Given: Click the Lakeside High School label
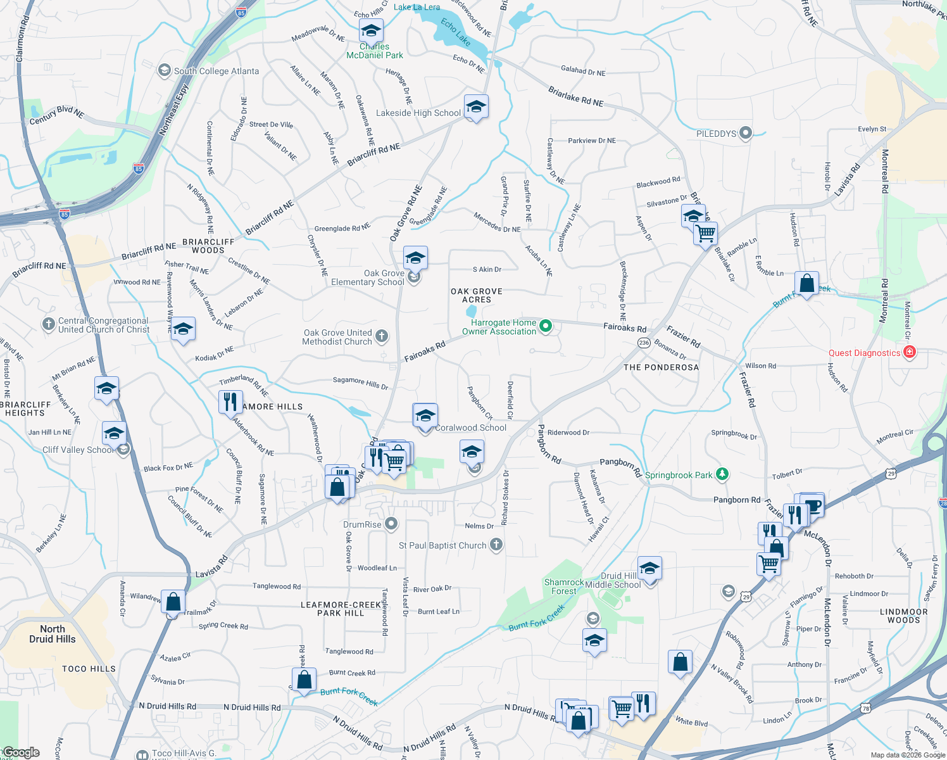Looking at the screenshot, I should pos(418,113).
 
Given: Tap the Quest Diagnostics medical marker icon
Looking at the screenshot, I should pos(910,352).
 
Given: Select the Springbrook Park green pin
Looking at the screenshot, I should pos(722,474).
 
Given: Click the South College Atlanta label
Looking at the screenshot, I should pos(216,71).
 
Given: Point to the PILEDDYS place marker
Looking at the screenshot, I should pos(746,133).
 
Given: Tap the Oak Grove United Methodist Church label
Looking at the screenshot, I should pos(337,337).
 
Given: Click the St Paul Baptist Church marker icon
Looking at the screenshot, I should pos(496,545).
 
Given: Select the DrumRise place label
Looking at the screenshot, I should pos(362,524).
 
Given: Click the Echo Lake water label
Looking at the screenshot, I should pos(456,32).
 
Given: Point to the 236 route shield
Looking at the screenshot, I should pos(644,343).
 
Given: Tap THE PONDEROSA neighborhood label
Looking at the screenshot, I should pos(661,367).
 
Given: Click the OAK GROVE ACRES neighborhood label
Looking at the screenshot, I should pos(477,295).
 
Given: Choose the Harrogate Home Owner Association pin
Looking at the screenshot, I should pos(545,326).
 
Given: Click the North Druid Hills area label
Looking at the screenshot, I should pos(53,634).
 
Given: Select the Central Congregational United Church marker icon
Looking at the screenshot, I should pos(49,324).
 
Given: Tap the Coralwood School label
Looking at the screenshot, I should pos(470,427).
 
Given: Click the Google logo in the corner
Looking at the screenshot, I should pos(21,752).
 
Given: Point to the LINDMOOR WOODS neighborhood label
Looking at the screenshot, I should pos(903,616).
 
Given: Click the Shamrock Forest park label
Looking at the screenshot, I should pos(563,586).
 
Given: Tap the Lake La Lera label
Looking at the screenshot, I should pos(417,7).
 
